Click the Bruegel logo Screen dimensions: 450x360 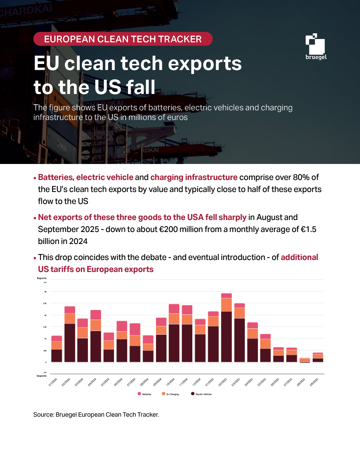(x=315, y=47)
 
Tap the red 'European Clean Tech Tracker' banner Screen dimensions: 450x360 (x=123, y=39)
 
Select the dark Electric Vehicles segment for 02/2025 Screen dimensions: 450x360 (x=226, y=337)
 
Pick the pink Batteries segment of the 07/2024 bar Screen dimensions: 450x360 (x=135, y=329)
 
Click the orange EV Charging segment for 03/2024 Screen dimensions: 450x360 (x=83, y=333)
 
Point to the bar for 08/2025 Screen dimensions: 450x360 (x=305, y=360)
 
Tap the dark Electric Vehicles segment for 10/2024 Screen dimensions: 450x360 (x=174, y=343)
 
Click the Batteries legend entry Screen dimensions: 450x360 (x=144, y=394)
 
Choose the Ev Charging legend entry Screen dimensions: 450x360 (x=170, y=394)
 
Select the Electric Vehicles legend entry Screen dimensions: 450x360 (x=201, y=394)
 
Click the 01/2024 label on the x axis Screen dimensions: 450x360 (x=53, y=382)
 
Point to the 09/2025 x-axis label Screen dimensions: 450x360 (x=314, y=382)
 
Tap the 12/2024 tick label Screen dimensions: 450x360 (x=197, y=382)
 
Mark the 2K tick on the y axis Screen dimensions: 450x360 (x=45, y=315)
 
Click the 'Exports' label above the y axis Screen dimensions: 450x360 (x=42, y=278)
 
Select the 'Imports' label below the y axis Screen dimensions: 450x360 (x=42, y=376)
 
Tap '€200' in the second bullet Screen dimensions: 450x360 (x=169, y=229)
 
